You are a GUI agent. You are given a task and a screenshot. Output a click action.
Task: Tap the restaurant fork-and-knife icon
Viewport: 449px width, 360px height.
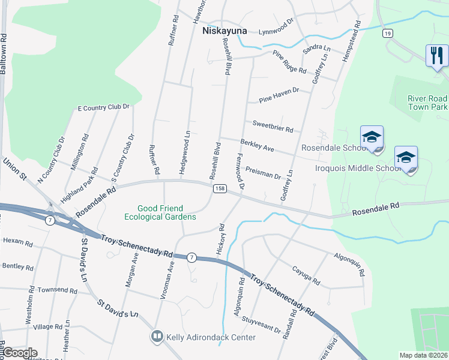point(436,56)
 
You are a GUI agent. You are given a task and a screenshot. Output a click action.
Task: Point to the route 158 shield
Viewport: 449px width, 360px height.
point(219,188)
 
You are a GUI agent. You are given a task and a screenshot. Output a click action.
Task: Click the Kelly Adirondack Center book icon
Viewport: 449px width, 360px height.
point(158,337)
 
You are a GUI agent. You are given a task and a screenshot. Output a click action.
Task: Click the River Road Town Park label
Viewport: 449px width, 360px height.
point(427,102)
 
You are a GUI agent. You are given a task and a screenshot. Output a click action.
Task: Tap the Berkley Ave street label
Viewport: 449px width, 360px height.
point(257,145)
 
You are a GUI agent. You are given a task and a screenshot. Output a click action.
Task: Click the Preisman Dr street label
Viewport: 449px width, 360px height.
point(263,173)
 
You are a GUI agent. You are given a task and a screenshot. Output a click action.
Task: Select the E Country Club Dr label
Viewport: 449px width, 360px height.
point(104,107)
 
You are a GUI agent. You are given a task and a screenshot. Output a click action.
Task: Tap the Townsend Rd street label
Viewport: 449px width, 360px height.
point(57,290)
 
